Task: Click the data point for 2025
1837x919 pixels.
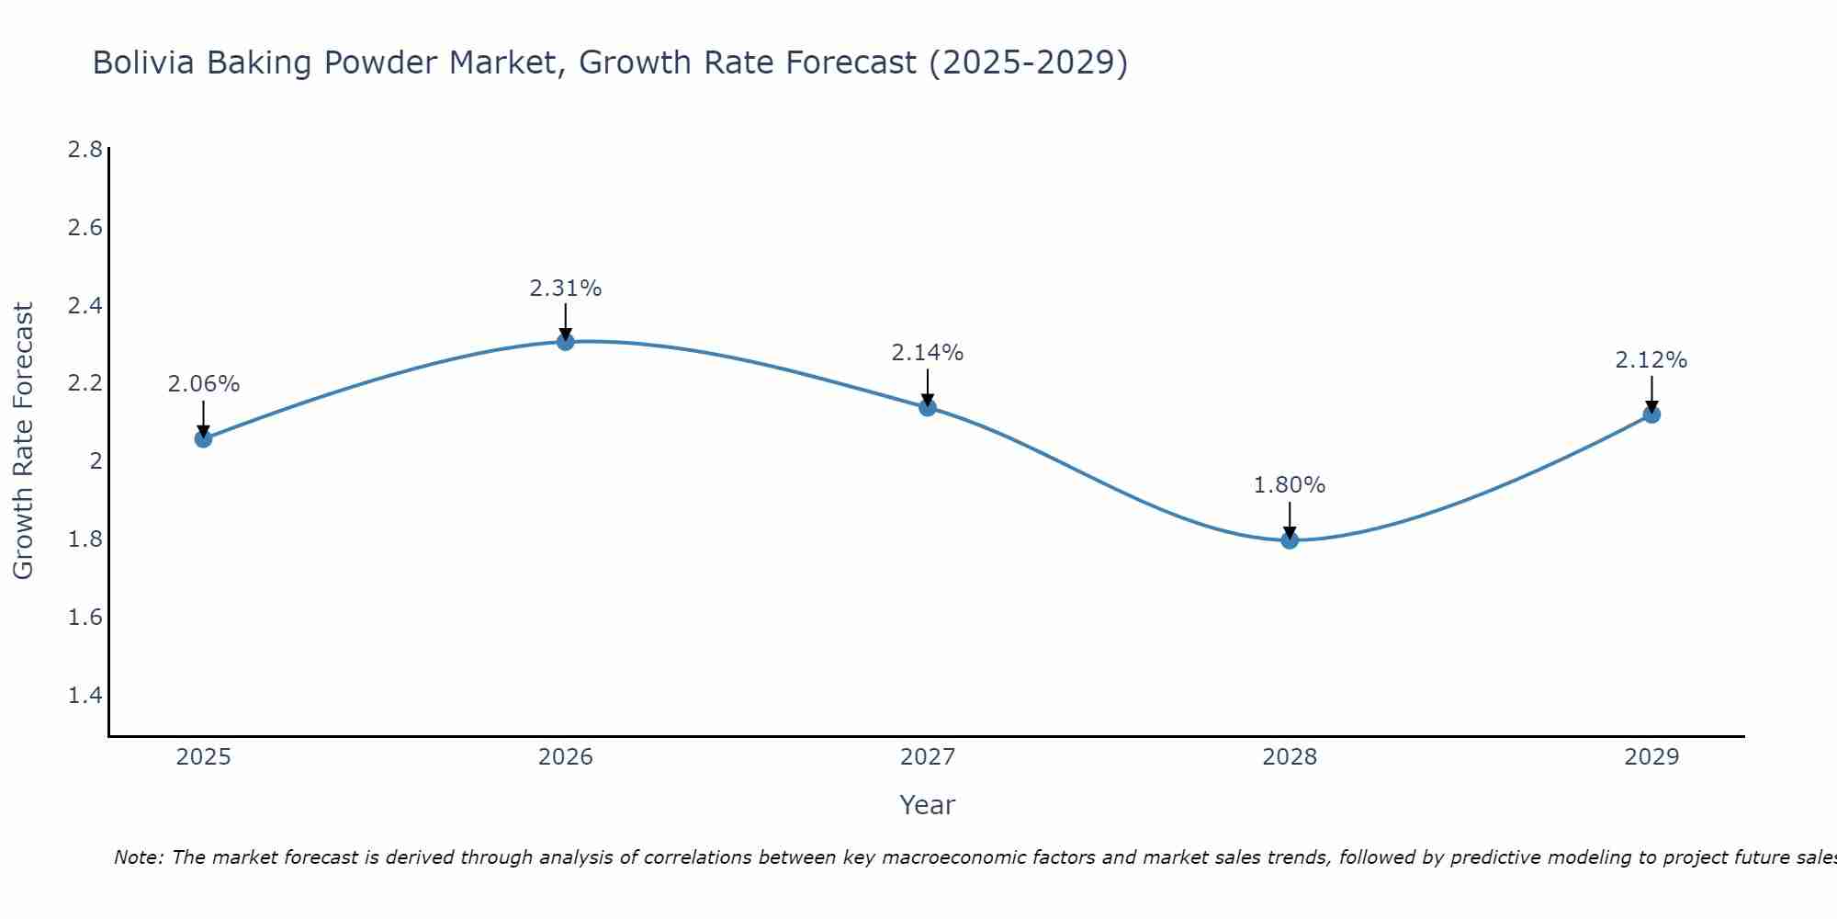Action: [x=203, y=439]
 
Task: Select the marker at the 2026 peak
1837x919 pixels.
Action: [x=566, y=342]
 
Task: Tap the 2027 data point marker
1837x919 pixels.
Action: [x=928, y=407]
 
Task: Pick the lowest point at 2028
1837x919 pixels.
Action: [x=1290, y=540]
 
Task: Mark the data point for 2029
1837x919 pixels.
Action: [x=1651, y=414]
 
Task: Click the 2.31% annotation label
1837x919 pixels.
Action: [x=566, y=289]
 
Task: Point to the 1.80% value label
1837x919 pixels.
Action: [x=1290, y=485]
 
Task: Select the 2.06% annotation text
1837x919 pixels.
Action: [x=203, y=384]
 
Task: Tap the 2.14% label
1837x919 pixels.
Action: [x=928, y=353]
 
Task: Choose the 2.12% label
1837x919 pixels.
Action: [x=1651, y=360]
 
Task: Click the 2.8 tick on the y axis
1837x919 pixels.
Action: [x=85, y=150]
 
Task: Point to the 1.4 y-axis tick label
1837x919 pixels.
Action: [x=85, y=696]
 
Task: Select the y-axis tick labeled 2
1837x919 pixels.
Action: [x=96, y=461]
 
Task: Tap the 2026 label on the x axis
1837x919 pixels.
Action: [x=566, y=757]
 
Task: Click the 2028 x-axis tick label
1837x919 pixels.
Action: [x=1290, y=757]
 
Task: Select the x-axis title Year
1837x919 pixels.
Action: [x=928, y=805]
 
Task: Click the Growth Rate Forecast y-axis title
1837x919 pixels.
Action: [x=23, y=441]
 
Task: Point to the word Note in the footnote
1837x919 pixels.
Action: [x=138, y=857]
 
